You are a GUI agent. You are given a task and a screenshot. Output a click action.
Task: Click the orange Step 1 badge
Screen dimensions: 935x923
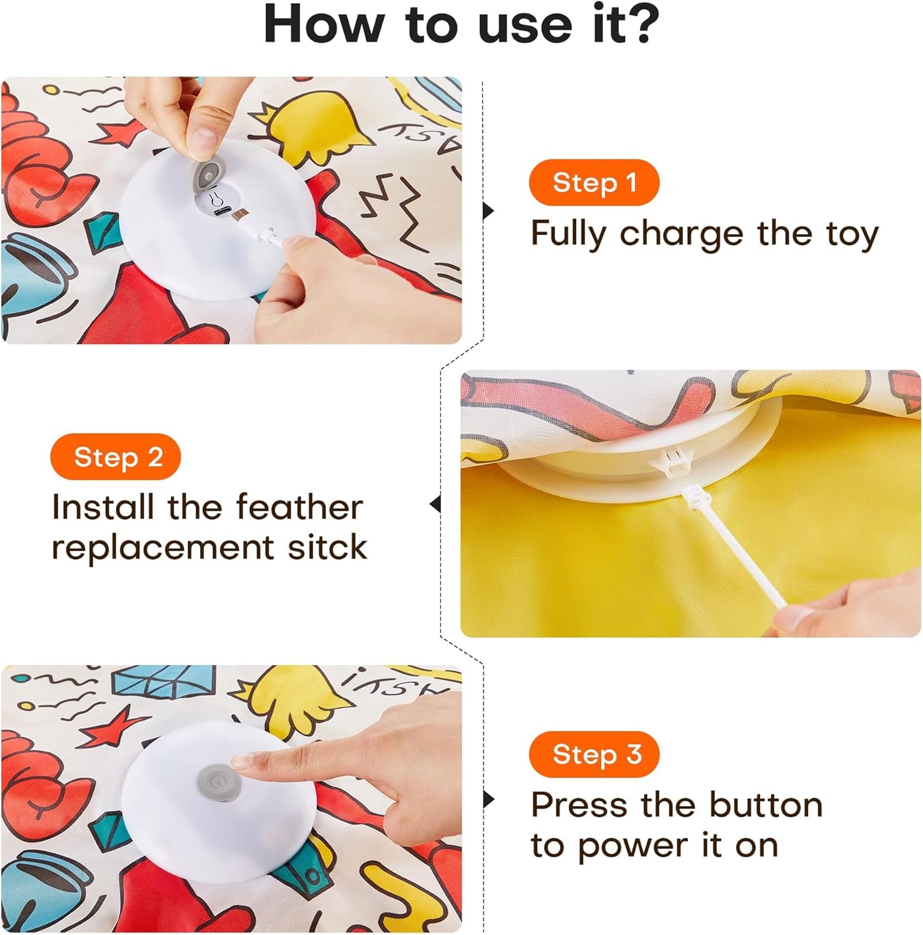click(x=593, y=183)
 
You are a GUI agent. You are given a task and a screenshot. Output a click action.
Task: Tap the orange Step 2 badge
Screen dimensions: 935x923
click(x=116, y=457)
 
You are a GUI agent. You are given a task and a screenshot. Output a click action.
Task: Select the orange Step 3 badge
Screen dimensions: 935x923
click(x=593, y=754)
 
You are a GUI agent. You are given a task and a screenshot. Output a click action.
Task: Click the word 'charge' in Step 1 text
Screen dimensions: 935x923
click(x=682, y=234)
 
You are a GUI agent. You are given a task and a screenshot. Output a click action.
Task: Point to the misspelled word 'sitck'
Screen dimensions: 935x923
click(x=327, y=548)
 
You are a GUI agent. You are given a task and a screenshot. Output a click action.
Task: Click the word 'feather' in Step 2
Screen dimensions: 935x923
click(x=299, y=507)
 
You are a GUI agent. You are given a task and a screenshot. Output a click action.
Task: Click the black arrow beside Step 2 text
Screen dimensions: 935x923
click(x=436, y=504)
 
